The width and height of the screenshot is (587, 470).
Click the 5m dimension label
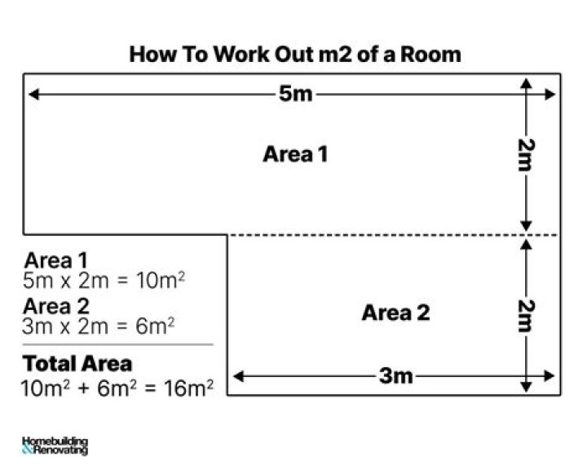(295, 93)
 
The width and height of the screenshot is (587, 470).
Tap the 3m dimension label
(395, 375)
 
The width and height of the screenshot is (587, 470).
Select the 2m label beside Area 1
(527, 155)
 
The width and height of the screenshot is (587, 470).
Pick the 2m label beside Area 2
(527, 316)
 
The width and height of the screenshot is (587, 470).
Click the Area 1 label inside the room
(295, 154)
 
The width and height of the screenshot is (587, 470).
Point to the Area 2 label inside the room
(395, 313)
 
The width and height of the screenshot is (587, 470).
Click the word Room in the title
(430, 55)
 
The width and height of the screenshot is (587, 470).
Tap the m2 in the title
(335, 55)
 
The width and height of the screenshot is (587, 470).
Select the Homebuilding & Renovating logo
(55, 446)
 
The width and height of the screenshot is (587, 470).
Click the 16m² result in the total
(189, 388)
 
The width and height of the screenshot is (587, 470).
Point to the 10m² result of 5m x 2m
(161, 281)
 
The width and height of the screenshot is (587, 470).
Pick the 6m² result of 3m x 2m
(155, 326)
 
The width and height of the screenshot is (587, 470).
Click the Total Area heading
(77, 364)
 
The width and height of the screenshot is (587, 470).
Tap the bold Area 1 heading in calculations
(55, 260)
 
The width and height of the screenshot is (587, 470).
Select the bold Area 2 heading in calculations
(56, 306)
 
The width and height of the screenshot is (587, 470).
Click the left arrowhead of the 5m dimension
(33, 94)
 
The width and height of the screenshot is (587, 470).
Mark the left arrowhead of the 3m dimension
(238, 376)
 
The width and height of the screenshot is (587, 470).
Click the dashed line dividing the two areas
(394, 235)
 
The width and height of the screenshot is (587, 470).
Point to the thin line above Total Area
(117, 344)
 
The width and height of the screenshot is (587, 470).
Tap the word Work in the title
(241, 55)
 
